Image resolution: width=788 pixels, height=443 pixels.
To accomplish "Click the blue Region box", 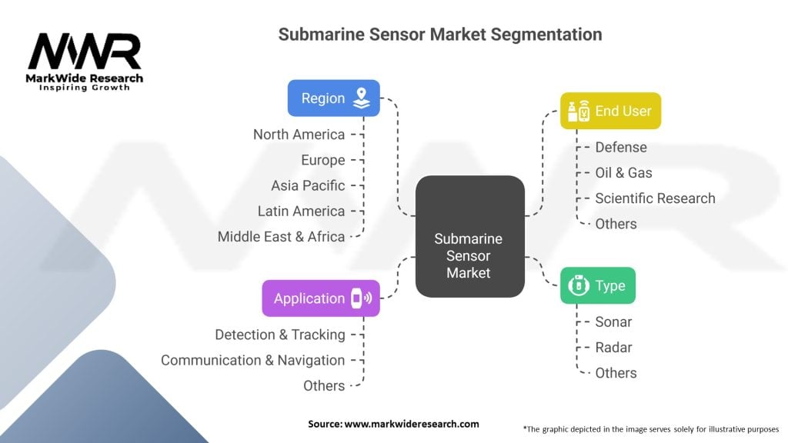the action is tap(334, 98).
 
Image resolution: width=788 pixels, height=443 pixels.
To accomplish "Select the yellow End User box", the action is tap(610, 111).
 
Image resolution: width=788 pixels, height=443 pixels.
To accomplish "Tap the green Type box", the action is tap(597, 285).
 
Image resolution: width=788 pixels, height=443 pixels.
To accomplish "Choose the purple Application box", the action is tap(321, 298).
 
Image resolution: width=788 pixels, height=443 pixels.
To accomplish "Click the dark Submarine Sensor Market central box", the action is tap(470, 236).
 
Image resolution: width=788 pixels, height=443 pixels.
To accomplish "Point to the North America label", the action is tap(299, 135).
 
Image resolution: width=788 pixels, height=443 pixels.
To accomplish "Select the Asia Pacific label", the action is tap(308, 185).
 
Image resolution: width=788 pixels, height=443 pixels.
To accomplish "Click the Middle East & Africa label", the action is tap(281, 237).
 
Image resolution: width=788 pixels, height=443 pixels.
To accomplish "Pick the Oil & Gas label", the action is tap(623, 173).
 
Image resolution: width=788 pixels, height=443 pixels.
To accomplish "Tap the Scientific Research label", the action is tap(656, 198).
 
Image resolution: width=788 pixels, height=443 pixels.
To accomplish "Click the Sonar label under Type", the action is tap(613, 322).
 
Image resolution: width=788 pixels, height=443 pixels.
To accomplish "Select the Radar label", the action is tap(613, 348).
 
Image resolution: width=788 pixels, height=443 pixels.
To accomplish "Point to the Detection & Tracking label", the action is tap(280, 335).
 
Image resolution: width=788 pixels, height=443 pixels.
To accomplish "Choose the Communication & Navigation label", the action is tap(252, 360).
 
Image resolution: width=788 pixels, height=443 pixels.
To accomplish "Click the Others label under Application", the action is tap(324, 386).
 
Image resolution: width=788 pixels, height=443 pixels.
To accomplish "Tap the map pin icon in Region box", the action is tap(362, 98).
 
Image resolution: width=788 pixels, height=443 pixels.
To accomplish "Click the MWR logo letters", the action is tap(85, 52).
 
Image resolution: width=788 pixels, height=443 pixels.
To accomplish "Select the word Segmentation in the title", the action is tap(546, 35).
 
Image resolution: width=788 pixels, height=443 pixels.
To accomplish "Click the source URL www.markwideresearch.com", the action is tap(412, 424).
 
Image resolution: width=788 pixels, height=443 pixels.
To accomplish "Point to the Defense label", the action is tap(621, 147).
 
